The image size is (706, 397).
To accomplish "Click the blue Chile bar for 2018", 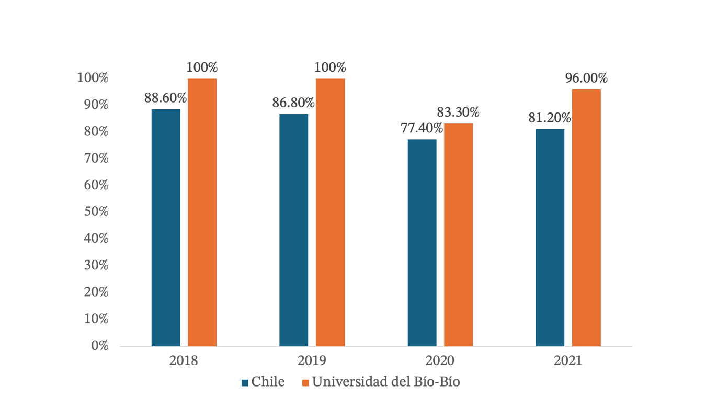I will pyautogui.click(x=166, y=228).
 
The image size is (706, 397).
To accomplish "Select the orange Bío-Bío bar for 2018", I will pyautogui.click(x=202, y=212).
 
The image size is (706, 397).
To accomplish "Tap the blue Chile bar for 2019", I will pyautogui.click(x=293, y=230).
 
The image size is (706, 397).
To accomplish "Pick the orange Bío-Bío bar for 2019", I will pyautogui.click(x=330, y=212).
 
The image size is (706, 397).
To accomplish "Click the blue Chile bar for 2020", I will pyautogui.click(x=422, y=242).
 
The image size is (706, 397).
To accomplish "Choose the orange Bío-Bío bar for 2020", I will pyautogui.click(x=458, y=234).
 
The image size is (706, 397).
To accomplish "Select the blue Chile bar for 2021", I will pyautogui.click(x=550, y=237).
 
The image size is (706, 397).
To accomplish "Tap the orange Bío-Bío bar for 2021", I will pyautogui.click(x=586, y=218).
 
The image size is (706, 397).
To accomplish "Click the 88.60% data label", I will pyautogui.click(x=166, y=98).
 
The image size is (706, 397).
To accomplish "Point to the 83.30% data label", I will pyautogui.click(x=458, y=112).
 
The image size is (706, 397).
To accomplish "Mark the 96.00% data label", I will pyautogui.click(x=586, y=78).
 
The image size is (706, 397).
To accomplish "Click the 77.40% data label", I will pyautogui.click(x=418, y=128).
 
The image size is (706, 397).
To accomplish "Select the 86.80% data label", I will pyautogui.click(x=293, y=103).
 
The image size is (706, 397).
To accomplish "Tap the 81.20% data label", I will pyautogui.click(x=550, y=118).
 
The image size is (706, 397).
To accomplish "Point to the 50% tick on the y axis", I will pyautogui.click(x=96, y=212).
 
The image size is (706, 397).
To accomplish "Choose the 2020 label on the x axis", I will pyautogui.click(x=440, y=361).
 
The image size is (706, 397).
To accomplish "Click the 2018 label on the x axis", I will pyautogui.click(x=184, y=361).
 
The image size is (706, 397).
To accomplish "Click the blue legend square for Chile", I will pyautogui.click(x=245, y=383).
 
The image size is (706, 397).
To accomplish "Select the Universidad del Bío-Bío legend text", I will pyautogui.click(x=386, y=382).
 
